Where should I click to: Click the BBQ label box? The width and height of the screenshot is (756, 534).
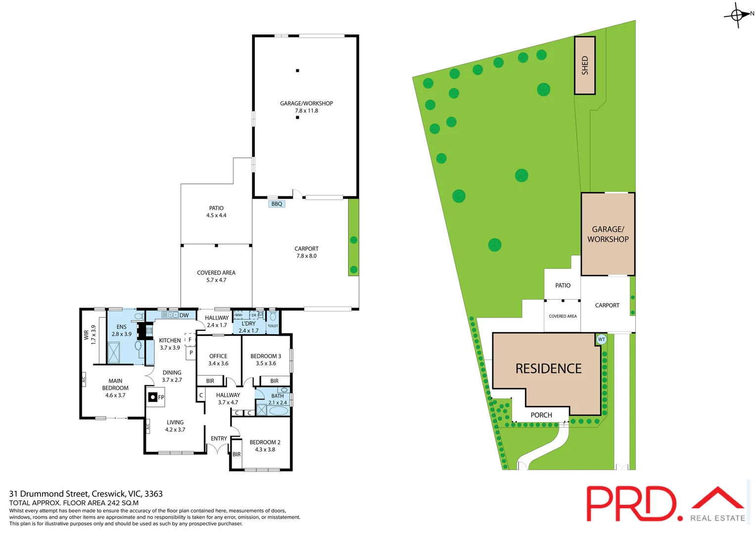pyautogui.click(x=277, y=204)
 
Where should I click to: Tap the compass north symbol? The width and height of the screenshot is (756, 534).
pyautogui.click(x=737, y=15)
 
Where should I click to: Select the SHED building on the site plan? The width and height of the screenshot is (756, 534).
pyautogui.click(x=584, y=65)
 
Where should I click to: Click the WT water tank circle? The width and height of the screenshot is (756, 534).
pyautogui.click(x=601, y=339)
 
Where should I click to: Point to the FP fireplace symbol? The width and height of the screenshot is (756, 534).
pyautogui.click(x=153, y=397)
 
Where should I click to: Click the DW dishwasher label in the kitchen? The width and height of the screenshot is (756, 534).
pyautogui.click(x=184, y=315)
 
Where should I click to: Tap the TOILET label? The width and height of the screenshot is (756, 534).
pyautogui.click(x=273, y=326)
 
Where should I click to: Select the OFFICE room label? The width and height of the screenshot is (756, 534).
pyautogui.click(x=218, y=356)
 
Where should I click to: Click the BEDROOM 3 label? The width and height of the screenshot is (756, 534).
pyautogui.click(x=266, y=356)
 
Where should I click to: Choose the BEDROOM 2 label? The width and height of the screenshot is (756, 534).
pyautogui.click(x=265, y=442)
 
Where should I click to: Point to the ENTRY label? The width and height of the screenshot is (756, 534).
pyautogui.click(x=219, y=439)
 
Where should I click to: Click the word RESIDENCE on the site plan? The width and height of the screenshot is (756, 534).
pyautogui.click(x=548, y=369)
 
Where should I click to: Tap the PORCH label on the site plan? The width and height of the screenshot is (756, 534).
pyautogui.click(x=541, y=415)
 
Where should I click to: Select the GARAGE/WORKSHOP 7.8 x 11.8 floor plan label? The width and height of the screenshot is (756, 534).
pyautogui.click(x=306, y=107)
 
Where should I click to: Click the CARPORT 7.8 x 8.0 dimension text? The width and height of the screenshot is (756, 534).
pyautogui.click(x=306, y=256)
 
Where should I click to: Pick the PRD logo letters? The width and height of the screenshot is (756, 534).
pyautogui.click(x=631, y=503)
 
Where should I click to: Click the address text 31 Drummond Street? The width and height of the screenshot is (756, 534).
pyautogui.click(x=49, y=493)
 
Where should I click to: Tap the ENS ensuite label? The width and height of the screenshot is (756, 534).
pyautogui.click(x=121, y=327)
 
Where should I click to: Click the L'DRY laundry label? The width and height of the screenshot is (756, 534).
pyautogui.click(x=248, y=323)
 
